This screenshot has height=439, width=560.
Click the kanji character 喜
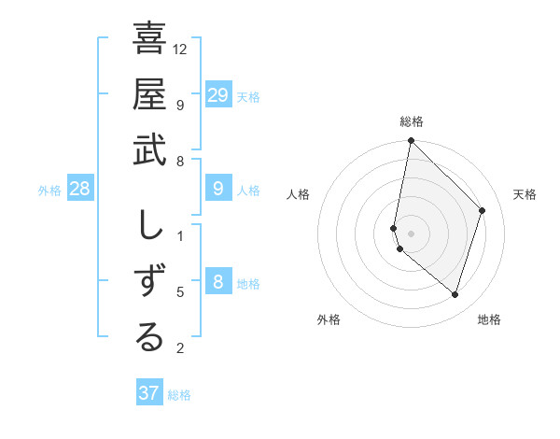coord(149,39)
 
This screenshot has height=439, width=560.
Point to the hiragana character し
coord(149,228)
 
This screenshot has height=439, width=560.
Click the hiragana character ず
coord(149,282)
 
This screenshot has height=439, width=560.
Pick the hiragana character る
coord(149,337)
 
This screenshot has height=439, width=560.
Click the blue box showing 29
coord(217,95)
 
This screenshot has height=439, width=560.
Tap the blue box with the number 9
coord(217,190)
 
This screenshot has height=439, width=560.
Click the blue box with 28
coord(80,190)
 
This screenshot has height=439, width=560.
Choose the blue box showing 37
coord(148,393)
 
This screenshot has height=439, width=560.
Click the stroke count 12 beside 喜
coord(180,48)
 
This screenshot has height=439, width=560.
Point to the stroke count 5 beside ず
coord(180,292)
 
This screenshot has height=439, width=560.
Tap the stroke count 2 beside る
coord(180,348)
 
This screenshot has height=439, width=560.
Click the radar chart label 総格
coord(411,121)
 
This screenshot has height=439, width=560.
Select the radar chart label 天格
coord(525,194)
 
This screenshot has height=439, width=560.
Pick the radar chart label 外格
coord(329,319)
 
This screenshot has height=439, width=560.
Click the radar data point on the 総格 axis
coord(411,141)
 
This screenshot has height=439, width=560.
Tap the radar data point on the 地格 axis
coord(455,294)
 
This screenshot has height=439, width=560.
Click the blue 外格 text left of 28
coord(49,191)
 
